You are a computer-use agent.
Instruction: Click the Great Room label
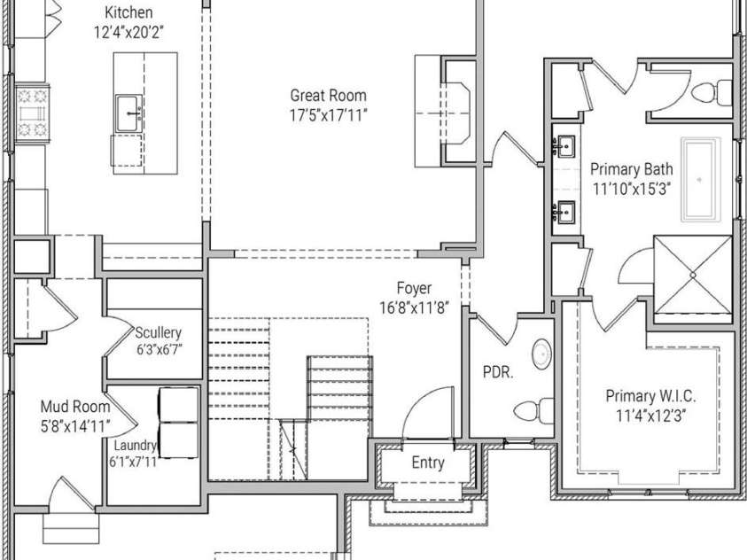point(328,95)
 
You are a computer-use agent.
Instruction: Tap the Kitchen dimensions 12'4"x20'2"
point(128,33)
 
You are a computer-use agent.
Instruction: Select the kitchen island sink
point(128,113)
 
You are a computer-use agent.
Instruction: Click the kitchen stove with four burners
point(33,113)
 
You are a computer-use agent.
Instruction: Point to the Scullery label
point(158,332)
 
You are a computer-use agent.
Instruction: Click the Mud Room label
point(75,406)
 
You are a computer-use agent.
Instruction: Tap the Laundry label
point(136,445)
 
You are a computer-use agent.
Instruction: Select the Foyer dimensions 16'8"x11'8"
point(415,307)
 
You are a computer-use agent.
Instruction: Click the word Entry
point(428,463)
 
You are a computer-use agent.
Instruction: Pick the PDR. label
point(498,372)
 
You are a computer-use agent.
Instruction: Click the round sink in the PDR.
point(541,354)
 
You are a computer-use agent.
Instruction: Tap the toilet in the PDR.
point(533,410)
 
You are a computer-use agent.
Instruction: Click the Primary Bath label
point(632,169)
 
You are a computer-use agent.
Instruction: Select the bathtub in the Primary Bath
point(700,180)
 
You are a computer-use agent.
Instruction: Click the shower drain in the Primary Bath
point(693,275)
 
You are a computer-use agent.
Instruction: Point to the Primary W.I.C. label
point(650,396)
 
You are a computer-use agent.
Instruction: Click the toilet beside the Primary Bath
point(712,92)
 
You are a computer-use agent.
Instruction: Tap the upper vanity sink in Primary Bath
point(565,146)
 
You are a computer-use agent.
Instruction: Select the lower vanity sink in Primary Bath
point(565,212)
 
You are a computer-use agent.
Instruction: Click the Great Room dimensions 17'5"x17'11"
point(329,115)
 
